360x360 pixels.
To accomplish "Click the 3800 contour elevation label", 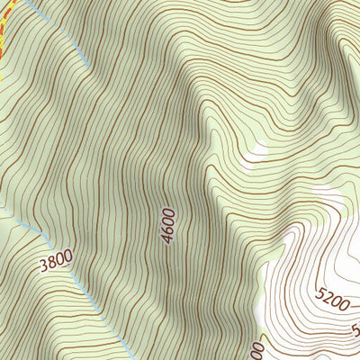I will point(55,263).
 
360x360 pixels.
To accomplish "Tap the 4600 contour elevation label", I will point(168,225).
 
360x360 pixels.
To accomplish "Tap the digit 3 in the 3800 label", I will point(44,267).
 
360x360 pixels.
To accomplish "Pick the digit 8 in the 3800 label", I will point(51,264).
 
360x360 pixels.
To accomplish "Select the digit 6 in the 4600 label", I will point(167,229).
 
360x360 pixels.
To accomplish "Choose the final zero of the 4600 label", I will point(171,211).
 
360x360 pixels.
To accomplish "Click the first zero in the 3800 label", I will point(59,260).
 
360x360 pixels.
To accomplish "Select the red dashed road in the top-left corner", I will point(3,36).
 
